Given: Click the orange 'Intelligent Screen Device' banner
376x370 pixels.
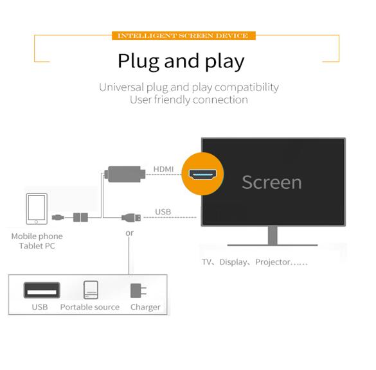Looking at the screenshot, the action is pyautogui.click(x=184, y=35).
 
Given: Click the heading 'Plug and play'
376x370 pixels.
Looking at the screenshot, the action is pyautogui.click(x=181, y=62).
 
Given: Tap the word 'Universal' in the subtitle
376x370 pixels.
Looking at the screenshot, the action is pyautogui.click(x=121, y=87).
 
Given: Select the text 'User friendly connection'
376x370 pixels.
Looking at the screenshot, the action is pyautogui.click(x=189, y=100).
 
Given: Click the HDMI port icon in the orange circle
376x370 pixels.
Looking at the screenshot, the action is pyautogui.click(x=202, y=174).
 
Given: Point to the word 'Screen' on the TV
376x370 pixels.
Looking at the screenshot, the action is pyautogui.click(x=272, y=182).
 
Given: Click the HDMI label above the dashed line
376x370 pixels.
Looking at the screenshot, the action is pyautogui.click(x=163, y=169).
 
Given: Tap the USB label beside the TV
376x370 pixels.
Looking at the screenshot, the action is pyautogui.click(x=163, y=212).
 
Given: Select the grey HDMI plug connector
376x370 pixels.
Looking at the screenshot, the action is pyautogui.click(x=125, y=174).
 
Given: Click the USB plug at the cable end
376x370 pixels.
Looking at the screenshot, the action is pyautogui.click(x=131, y=218).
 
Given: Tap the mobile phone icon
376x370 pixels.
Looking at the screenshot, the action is pyautogui.click(x=37, y=209).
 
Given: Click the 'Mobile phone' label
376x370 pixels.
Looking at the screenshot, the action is pyautogui.click(x=37, y=236).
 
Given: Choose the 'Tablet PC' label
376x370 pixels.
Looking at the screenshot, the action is pyautogui.click(x=37, y=246).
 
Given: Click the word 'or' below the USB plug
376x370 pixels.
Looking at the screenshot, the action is pyautogui.click(x=129, y=233).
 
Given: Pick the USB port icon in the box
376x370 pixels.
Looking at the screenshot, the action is pyautogui.click(x=42, y=290).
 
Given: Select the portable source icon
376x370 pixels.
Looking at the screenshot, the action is pyautogui.click(x=91, y=290).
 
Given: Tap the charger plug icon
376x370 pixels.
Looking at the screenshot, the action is pyautogui.click(x=138, y=291).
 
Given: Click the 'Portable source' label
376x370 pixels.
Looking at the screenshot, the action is pyautogui.click(x=90, y=307).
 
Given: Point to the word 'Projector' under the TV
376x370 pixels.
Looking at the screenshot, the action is pyautogui.click(x=273, y=262).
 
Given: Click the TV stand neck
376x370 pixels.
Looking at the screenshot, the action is pyautogui.click(x=273, y=235).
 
